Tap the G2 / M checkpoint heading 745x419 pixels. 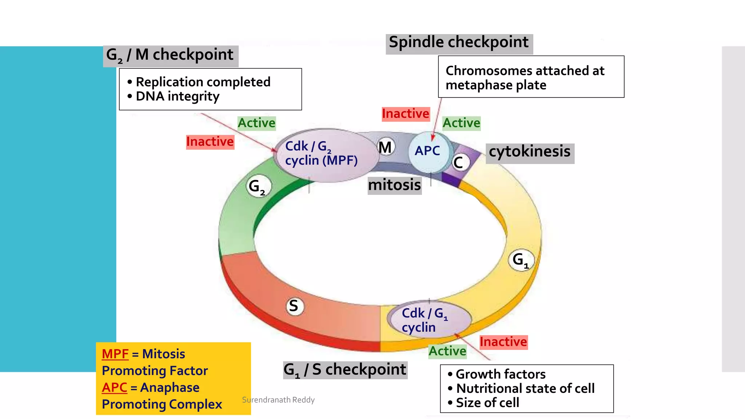pos(170,56)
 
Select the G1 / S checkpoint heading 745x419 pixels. pos(345,370)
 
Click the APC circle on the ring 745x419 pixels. pos(428,151)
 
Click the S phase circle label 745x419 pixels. pos(294,306)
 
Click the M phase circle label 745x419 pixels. pos(385,148)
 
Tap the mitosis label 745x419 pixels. pos(394,185)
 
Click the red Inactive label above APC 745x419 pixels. pos(405,114)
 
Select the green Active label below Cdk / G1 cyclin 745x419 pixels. pos(447,351)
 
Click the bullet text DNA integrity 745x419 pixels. pos(178,97)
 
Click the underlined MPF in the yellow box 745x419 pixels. pos(115,354)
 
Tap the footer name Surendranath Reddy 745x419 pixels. pos(278,400)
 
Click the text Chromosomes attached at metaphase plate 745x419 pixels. pos(525,78)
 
